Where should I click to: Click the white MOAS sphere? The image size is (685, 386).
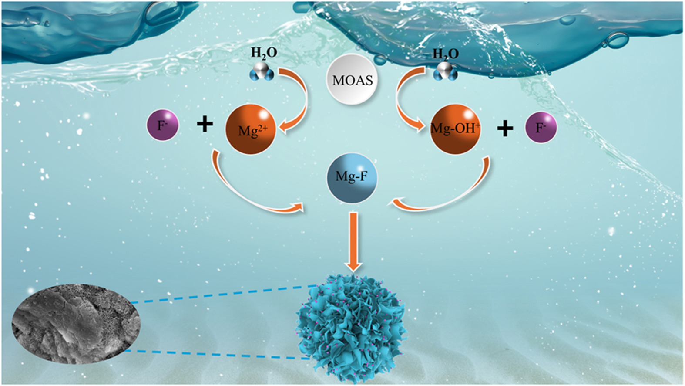(x=352, y=80)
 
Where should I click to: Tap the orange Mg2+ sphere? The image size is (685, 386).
(x=250, y=129)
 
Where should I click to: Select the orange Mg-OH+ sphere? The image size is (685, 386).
(x=455, y=129)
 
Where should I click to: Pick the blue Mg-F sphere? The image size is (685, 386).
(x=352, y=177)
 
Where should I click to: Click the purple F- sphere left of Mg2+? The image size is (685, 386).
(x=162, y=126)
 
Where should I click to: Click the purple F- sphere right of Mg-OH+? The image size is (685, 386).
(x=541, y=127)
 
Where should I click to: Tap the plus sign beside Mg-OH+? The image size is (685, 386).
(x=505, y=128)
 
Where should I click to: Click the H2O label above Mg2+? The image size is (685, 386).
(x=264, y=53)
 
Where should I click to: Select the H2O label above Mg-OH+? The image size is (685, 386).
(x=445, y=54)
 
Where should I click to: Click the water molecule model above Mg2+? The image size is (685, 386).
(x=262, y=71)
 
